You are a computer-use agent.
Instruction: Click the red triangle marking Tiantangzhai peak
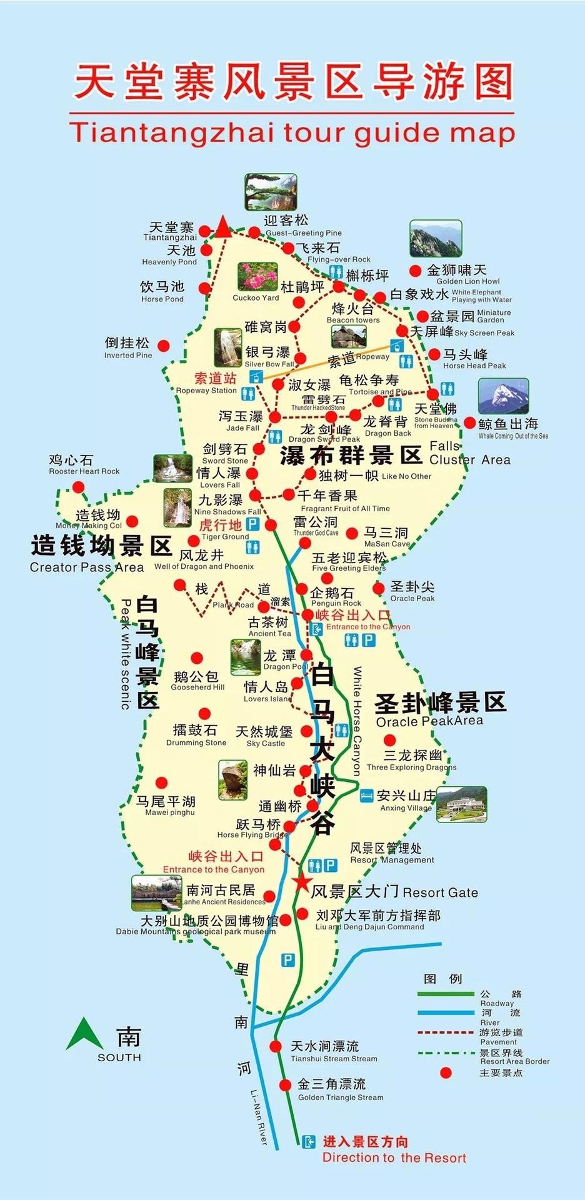(222, 226)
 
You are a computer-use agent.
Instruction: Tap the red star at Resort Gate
(302, 882)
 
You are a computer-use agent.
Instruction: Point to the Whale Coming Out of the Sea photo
(503, 396)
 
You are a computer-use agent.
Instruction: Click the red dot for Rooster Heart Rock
(79, 487)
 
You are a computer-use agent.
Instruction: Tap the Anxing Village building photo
(461, 804)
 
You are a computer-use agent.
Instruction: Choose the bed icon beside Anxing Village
(366, 796)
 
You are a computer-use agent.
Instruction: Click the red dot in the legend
(446, 1072)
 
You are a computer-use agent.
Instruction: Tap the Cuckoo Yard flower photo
(257, 277)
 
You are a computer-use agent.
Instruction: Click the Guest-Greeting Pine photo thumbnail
(271, 191)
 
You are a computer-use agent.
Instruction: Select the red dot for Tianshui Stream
(276, 1046)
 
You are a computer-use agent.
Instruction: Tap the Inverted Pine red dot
(163, 346)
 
